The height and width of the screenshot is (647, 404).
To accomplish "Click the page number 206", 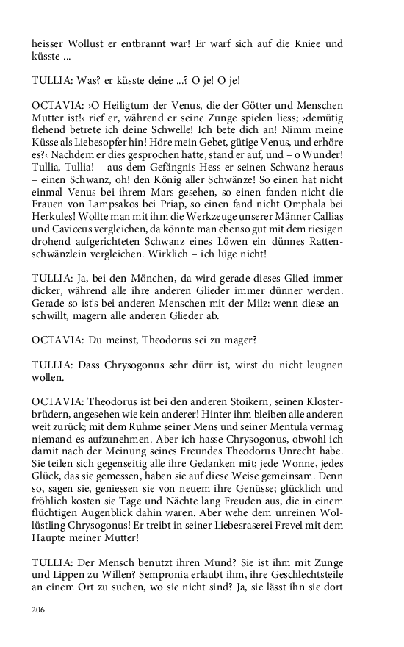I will [39, 610].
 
